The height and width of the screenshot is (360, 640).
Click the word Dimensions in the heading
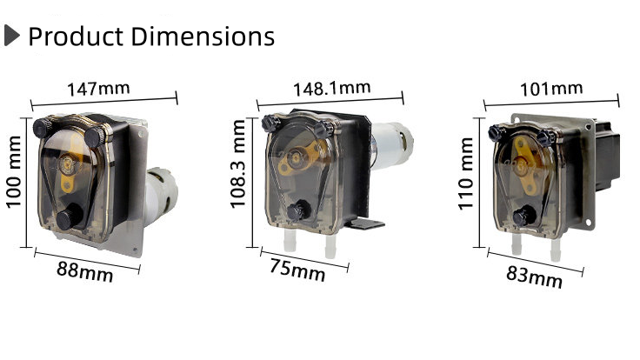coord(203,37)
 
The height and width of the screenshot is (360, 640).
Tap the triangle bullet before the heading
coord(11,37)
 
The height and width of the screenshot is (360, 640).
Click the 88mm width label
coord(85,270)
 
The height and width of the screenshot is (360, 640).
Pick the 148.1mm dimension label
coord(331,89)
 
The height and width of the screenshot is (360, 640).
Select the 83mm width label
coord(534,277)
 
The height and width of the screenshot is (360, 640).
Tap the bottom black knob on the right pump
coord(523,217)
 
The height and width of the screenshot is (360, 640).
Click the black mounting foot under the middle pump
coord(365,224)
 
